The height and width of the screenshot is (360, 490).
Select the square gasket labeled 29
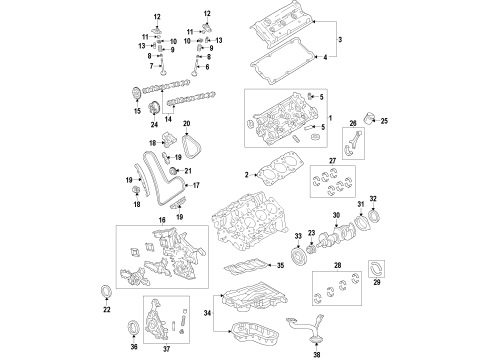[377, 267]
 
